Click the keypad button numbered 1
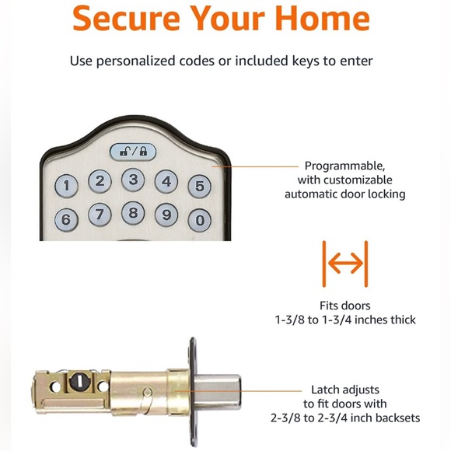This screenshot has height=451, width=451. coord(68,186)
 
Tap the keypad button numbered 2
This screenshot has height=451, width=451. coord(100,181)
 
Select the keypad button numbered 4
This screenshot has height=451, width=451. coord(166,182)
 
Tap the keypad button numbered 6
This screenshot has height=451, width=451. coord(66,220)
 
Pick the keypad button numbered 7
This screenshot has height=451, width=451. coord(100,215)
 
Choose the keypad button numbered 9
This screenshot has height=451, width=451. coord(166,215)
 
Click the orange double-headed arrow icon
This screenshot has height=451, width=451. coord(344,264)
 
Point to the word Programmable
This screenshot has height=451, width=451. coord(344,166)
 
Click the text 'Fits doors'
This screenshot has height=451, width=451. coord(344,306)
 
